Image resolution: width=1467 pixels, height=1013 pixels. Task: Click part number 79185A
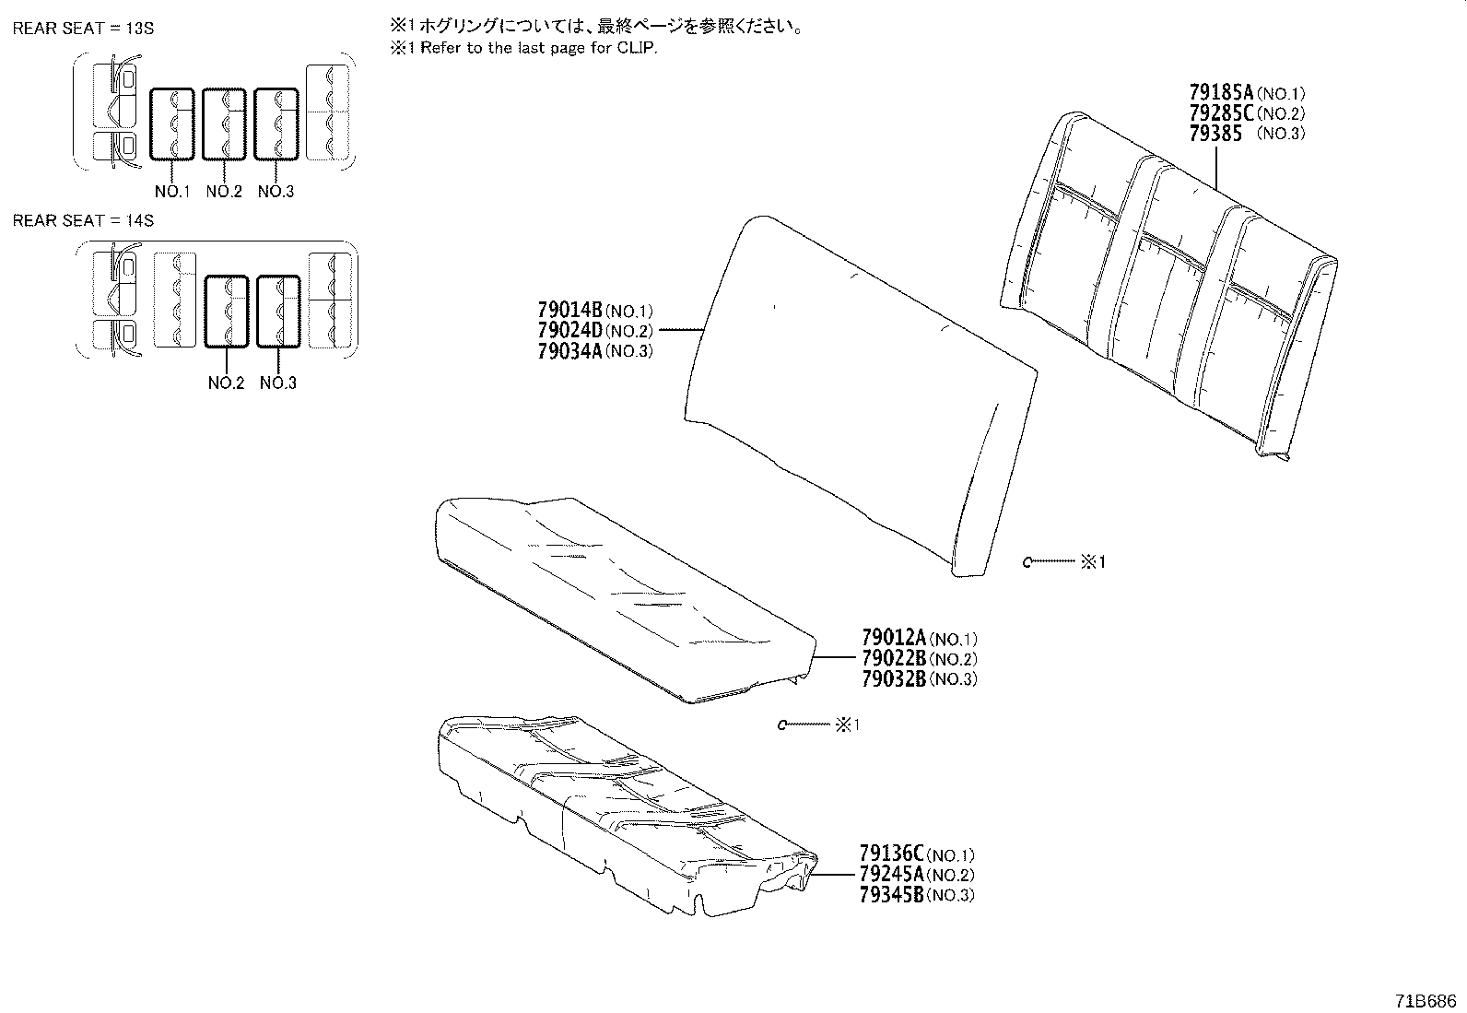1221,93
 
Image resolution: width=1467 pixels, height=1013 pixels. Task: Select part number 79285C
1221,113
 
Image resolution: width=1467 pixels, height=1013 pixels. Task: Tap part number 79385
1215,134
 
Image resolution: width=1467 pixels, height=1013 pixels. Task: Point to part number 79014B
569,311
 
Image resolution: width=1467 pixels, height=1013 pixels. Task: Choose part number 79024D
569,331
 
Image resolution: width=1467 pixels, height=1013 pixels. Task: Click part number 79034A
569,351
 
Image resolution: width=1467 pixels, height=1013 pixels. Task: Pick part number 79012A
893,638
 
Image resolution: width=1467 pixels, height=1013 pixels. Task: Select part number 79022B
893,658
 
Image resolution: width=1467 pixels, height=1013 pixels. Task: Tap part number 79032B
893,679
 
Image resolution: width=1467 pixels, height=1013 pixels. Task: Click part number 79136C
891,854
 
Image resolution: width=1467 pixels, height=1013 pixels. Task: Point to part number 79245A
891,875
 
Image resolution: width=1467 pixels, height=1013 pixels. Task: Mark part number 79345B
891,895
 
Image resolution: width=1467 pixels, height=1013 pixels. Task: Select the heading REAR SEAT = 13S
83,29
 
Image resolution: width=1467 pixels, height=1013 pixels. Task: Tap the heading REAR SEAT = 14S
83,220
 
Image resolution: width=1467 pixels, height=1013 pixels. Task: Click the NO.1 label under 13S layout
171,192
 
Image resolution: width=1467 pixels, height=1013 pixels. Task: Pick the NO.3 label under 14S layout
277,383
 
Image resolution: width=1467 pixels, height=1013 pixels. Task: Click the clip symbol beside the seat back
1027,561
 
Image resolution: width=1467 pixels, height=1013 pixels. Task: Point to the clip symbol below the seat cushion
782,725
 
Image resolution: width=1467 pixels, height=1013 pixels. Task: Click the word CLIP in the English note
640,49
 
